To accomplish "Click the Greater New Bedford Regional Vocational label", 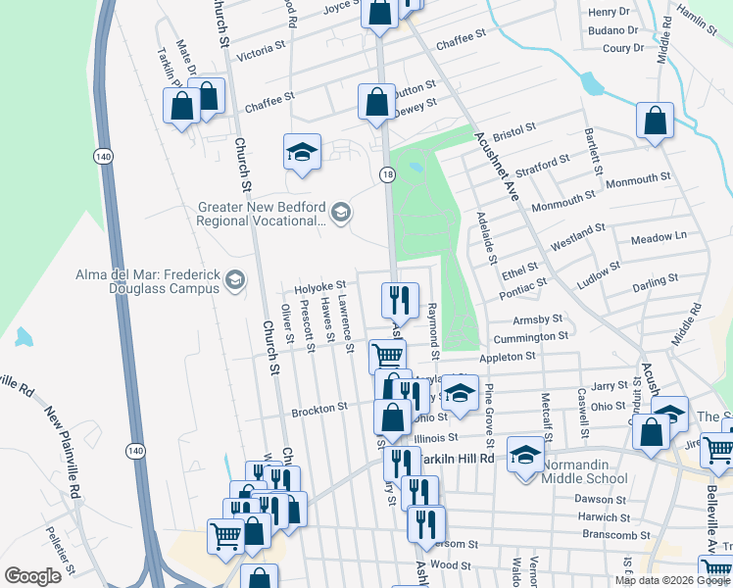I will (x=260, y=214).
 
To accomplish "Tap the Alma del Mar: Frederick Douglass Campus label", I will (x=148, y=281).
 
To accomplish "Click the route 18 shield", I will (x=387, y=173).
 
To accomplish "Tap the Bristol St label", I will (x=515, y=127).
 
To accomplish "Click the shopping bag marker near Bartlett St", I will (x=655, y=122).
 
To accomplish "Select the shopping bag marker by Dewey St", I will (x=376, y=103).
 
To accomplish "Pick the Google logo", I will (x=32, y=576).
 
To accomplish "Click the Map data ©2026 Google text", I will (x=672, y=579).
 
